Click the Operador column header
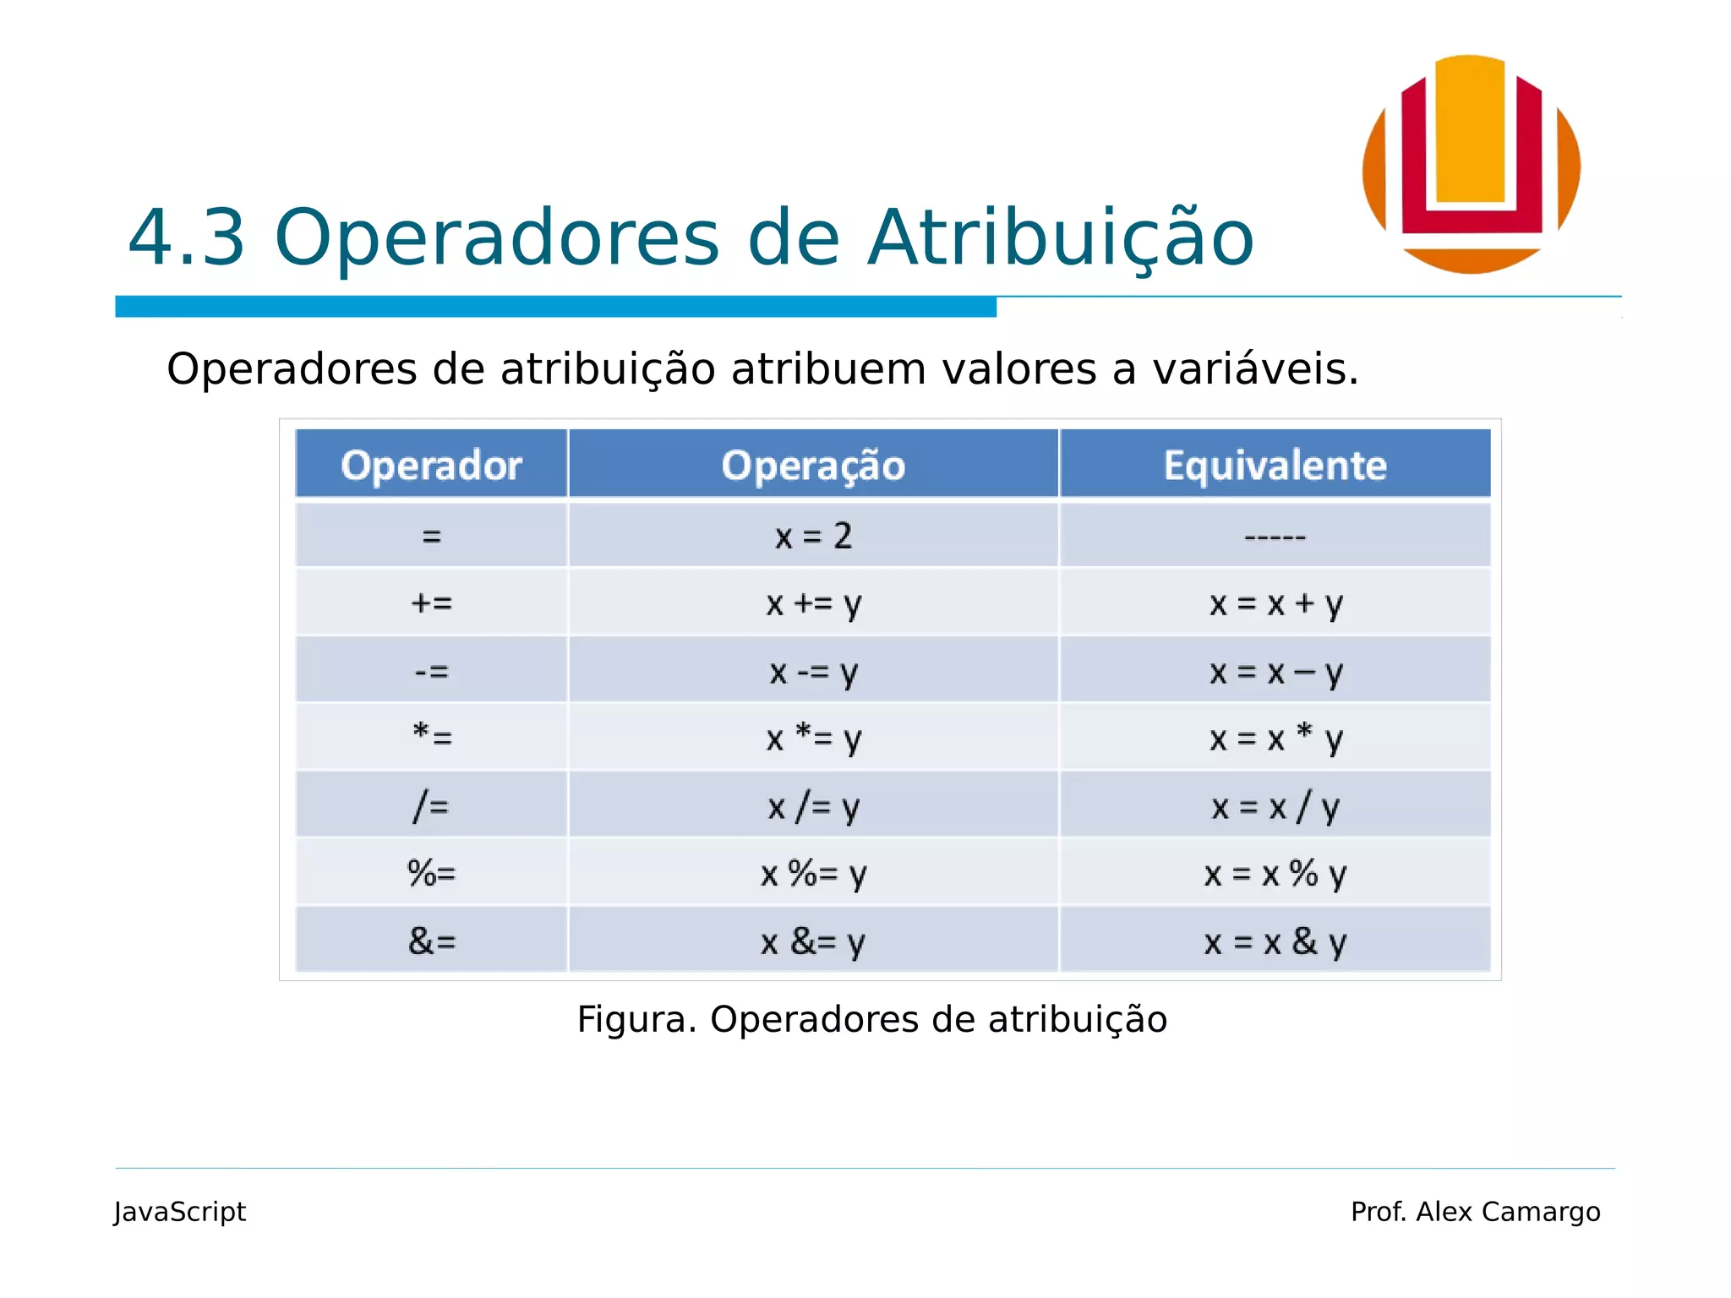431,465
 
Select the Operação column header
813,465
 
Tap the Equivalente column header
1275,465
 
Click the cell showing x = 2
813,536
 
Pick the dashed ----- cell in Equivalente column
1275,536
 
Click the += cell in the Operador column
431,603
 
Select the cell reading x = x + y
1275,603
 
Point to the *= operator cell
431,737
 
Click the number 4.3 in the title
187,238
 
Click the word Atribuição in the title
1061,238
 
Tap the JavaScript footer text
180,1212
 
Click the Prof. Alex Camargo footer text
1475,1212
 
